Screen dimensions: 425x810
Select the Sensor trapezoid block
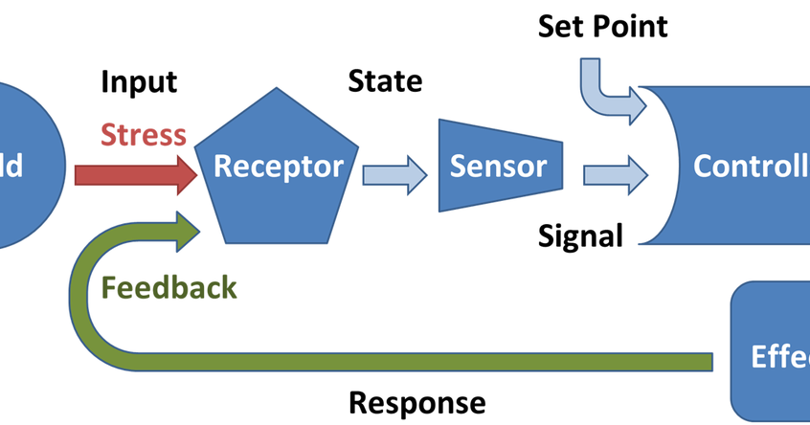[x=498, y=166]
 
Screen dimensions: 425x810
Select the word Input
[x=139, y=82]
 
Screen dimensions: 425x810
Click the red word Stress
[x=143, y=135]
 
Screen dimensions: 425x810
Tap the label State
[x=385, y=81]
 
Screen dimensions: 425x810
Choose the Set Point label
[x=602, y=26]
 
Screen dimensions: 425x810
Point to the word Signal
[x=580, y=235]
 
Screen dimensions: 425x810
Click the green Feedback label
[x=169, y=286]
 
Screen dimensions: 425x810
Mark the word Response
[x=416, y=402]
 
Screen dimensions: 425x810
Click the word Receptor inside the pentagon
[x=278, y=167]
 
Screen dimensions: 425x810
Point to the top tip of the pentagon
[x=278, y=89]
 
